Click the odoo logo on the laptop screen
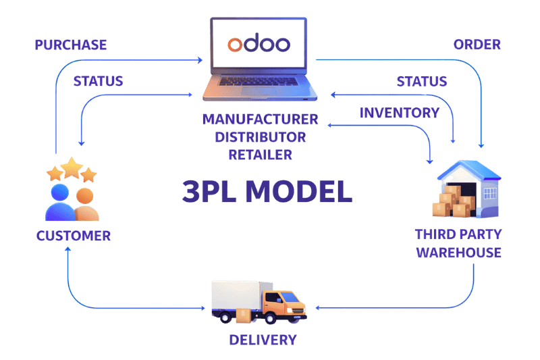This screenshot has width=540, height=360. pos(259,45)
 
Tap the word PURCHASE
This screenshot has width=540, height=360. pos(71,46)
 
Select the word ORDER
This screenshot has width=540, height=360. pos(477,45)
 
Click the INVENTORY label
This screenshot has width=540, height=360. pos(400,113)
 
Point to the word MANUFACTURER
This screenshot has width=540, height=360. pos(261,120)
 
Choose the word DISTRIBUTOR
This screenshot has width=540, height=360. pos(261,138)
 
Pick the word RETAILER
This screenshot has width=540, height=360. pos(261,155)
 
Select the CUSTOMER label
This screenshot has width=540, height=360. pos(74,236)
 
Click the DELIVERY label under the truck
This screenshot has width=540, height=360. pos(263,339)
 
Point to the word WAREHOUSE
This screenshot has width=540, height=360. pos(459,253)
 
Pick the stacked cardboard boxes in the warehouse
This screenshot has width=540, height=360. pos(451,199)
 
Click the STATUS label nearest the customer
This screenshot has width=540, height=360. pos(98,82)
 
